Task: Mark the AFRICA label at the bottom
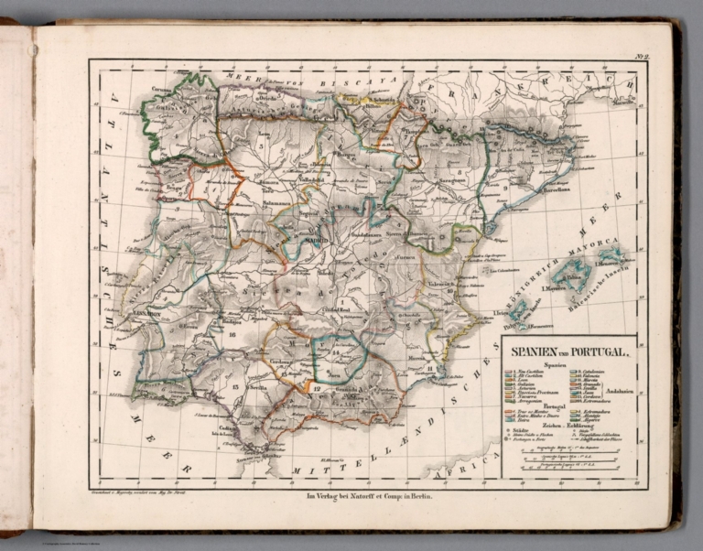point(458,473)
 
